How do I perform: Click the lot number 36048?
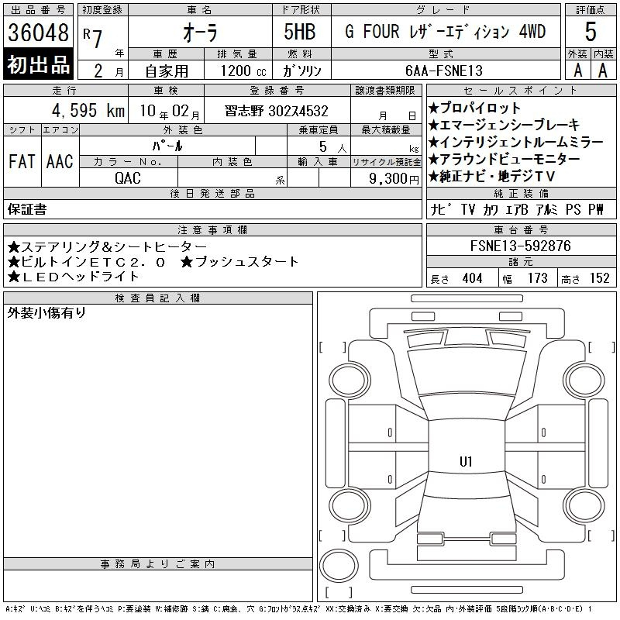(x=38, y=33)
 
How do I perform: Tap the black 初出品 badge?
(x=38, y=64)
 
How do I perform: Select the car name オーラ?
(x=200, y=33)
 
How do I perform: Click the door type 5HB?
(x=300, y=32)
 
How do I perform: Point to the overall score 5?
(x=591, y=32)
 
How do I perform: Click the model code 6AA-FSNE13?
(x=444, y=71)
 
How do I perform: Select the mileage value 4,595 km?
(x=88, y=110)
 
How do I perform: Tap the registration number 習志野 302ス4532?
(x=277, y=111)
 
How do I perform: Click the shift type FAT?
(x=22, y=161)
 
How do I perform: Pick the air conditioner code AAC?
(x=60, y=161)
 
